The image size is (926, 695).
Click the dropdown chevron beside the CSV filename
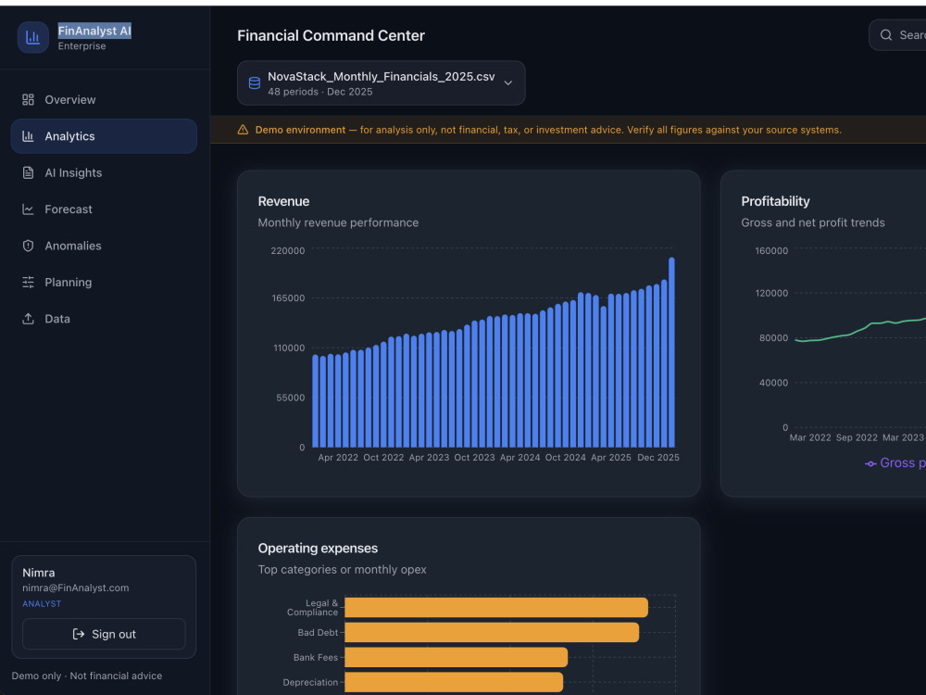[507, 83]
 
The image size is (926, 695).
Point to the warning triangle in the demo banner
[243, 130]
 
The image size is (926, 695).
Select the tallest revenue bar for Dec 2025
[671, 352]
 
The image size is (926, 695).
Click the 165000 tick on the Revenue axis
[288, 298]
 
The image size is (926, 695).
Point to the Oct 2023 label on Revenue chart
[474, 458]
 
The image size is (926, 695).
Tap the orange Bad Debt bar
[492, 632]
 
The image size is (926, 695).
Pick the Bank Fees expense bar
[456, 657]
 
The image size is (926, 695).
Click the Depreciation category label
[310, 683]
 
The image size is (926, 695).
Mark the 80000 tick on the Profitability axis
[773, 338]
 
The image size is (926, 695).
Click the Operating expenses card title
[318, 549]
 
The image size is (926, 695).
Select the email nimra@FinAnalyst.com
[76, 588]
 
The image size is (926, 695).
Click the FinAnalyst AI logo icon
[33, 38]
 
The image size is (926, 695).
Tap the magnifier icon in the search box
[886, 35]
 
